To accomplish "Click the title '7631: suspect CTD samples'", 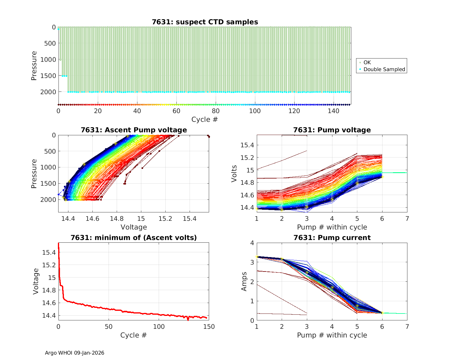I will click(205, 22).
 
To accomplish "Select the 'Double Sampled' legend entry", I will click(384, 69).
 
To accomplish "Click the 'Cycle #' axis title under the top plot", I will click(205, 119).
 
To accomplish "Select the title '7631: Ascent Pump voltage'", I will click(134, 130).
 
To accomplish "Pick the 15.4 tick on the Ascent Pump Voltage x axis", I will click(190, 219).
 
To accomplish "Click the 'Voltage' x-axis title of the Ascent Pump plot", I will click(134, 227).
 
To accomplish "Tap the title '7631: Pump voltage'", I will click(332, 130).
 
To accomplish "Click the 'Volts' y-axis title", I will click(234, 173).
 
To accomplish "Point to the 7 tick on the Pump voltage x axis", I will click(407, 219).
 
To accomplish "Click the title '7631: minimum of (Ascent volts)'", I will click(134, 238).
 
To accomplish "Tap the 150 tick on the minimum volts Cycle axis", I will click(209, 327).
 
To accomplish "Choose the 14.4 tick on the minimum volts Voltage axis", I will click(49, 316).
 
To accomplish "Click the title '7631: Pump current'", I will click(332, 238).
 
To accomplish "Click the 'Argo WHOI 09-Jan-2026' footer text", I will click(75, 353).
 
